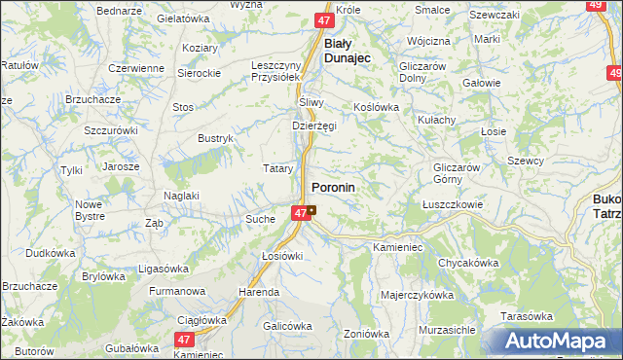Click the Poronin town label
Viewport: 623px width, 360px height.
(333, 186)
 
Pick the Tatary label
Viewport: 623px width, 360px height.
(278, 168)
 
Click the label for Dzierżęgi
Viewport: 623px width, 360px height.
(314, 126)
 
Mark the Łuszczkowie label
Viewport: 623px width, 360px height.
(454, 204)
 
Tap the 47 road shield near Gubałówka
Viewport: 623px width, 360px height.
(185, 340)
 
